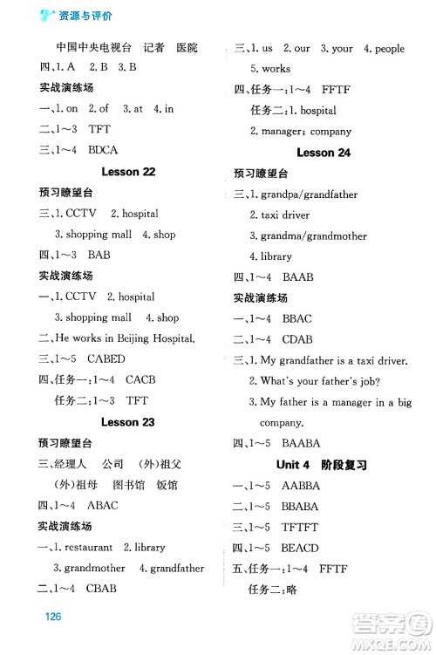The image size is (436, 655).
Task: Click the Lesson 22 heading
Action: point(128,172)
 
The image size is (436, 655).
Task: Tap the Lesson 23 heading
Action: point(128,422)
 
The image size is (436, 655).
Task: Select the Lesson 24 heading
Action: point(324,153)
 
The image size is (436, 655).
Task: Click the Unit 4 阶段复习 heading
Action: point(324,465)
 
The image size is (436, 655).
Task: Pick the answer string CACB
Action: point(145,380)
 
